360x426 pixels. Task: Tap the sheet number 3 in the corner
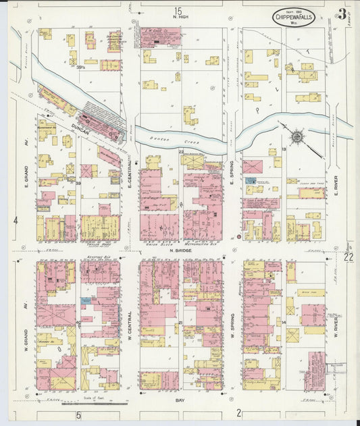pyautogui.click(x=343, y=14)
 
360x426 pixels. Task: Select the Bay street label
pyautogui.click(x=180, y=400)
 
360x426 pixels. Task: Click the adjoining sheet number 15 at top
pyautogui.click(x=178, y=11)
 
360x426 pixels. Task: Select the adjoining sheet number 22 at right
pyautogui.click(x=349, y=257)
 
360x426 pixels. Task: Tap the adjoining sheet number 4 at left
pyautogui.click(x=15, y=220)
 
